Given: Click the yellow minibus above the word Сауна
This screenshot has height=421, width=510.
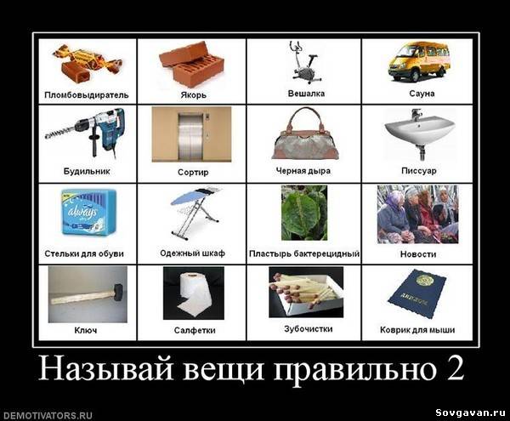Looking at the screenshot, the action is click(419, 61).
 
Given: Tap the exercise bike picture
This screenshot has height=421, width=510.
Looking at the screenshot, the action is click(304, 62).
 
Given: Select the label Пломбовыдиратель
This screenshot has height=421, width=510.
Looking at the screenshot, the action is click(86, 95).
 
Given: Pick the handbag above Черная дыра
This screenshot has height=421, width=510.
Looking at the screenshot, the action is click(304, 134).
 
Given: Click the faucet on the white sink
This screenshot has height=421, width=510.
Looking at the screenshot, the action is click(416, 115).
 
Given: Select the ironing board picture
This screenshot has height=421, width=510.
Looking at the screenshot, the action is click(196, 212).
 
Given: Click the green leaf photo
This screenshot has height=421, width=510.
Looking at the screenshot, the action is click(304, 213).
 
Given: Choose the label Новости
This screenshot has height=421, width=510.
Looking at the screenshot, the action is click(418, 254).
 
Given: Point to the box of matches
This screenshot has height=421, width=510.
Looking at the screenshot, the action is click(306, 293).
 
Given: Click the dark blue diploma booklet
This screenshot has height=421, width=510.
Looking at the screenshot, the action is click(417, 293).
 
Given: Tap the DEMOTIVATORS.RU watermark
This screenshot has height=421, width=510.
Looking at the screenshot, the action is click(47, 415).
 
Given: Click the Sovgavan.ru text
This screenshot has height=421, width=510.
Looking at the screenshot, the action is click(470, 412).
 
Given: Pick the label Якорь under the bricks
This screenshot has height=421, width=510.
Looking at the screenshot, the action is click(194, 95).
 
